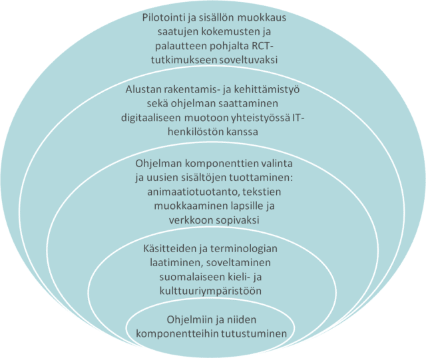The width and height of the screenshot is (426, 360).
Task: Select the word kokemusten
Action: [228, 32]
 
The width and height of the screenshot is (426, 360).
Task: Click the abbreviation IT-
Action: [298, 118]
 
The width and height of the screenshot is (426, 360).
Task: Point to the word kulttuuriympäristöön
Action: [210, 291]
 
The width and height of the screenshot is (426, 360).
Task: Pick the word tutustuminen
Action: [254, 333]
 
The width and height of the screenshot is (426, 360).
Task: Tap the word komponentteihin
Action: [177, 334]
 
